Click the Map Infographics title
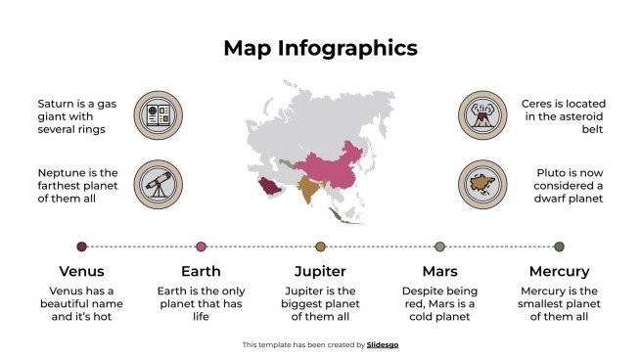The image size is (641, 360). coord(320,48)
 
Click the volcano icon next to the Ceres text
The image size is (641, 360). coord(481,114)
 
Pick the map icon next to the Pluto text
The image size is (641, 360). coord(481,184)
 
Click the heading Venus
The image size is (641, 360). coord(81,271)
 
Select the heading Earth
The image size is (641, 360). coord(201,271)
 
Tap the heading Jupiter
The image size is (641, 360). coord(320,271)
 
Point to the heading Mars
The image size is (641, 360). coord(439,271)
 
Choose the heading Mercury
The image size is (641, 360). coord(559,271)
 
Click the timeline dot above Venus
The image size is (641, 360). coord(81,247)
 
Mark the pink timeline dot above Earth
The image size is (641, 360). coord(201,247)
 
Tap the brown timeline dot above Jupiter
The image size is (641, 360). coord(320,247)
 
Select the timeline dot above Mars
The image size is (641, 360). coord(439,247)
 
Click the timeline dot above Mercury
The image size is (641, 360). coord(559,247)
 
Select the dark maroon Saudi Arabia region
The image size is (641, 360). coord(267,186)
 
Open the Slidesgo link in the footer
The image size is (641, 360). coord(383,344)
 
